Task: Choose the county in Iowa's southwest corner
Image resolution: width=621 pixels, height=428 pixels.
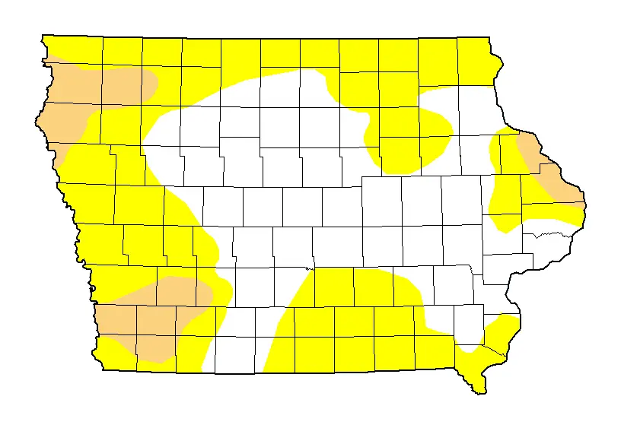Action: click(x=118, y=353)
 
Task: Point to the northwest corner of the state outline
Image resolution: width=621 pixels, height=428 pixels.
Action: click(x=43, y=35)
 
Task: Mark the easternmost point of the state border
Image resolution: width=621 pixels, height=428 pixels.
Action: click(x=585, y=204)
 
